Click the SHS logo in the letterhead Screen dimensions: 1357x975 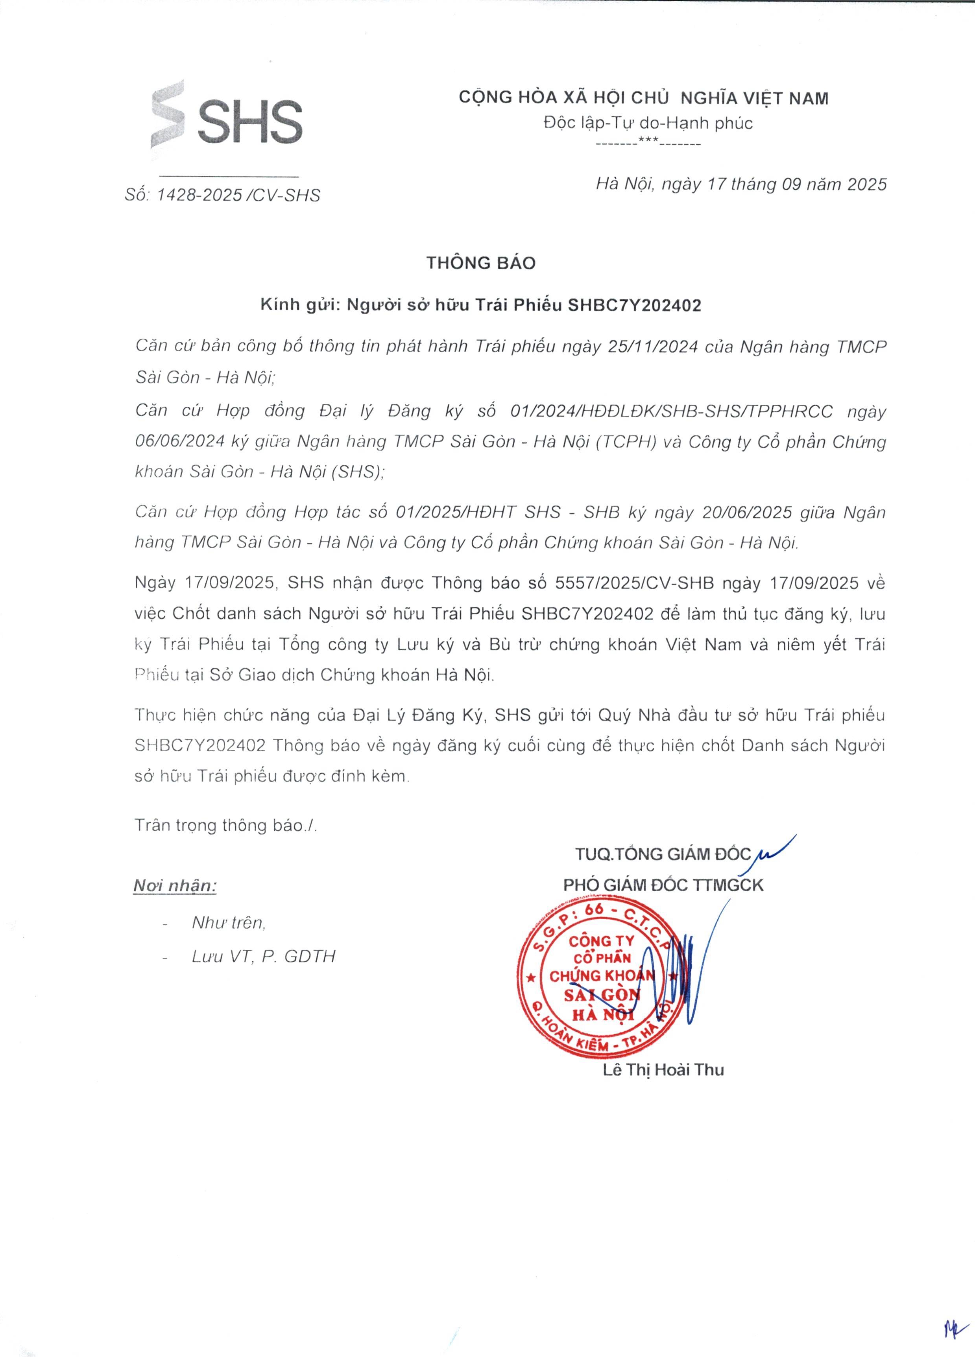coord(226,117)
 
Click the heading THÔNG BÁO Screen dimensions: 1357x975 coord(481,263)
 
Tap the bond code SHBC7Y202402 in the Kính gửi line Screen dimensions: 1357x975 coord(634,306)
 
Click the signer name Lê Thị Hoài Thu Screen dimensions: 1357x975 coord(663,1070)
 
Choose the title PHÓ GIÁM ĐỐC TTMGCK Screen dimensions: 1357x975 coord(663,885)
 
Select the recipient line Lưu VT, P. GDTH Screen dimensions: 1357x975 coord(263,957)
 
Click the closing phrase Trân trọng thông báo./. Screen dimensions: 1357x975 coord(225,826)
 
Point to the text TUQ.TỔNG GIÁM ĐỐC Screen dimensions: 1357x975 coord(662,854)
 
